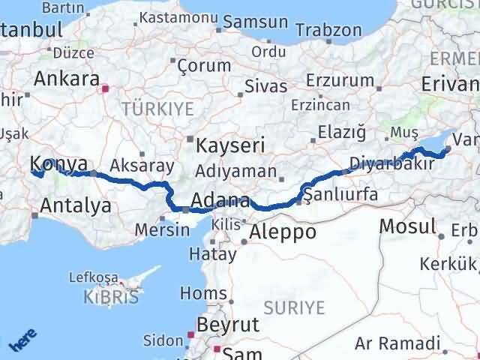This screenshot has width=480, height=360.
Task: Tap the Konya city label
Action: pyautogui.click(x=58, y=165)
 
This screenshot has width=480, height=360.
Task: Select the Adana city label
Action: pyautogui.click(x=220, y=201)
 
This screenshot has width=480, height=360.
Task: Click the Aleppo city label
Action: pyautogui.click(x=283, y=232)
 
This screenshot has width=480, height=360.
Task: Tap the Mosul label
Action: pyautogui.click(x=407, y=226)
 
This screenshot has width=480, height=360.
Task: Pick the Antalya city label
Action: pyautogui.click(x=76, y=205)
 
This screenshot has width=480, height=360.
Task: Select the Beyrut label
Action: pyautogui.click(x=227, y=325)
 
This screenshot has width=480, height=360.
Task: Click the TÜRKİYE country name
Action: pyautogui.click(x=157, y=109)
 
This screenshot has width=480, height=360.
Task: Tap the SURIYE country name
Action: pyautogui.click(x=294, y=307)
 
